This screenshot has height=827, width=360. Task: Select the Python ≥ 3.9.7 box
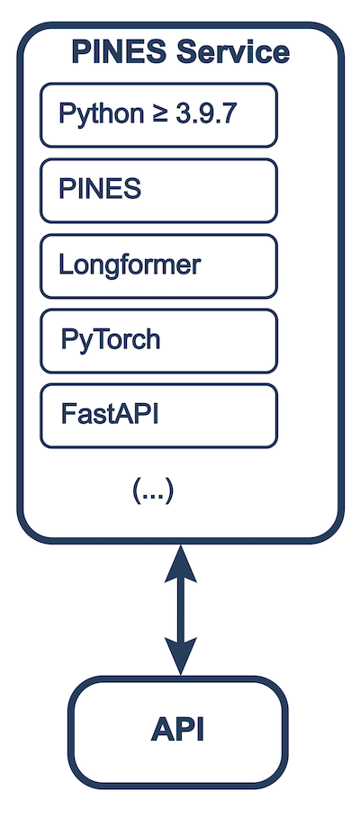coord(158,115)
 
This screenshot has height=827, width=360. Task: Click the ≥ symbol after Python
coord(158,115)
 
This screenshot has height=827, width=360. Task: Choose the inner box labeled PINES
coord(158,190)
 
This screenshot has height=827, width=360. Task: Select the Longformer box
coord(158,265)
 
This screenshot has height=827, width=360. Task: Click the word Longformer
coord(130,265)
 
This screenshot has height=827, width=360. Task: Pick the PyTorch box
coord(158,340)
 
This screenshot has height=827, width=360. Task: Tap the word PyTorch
coord(111,341)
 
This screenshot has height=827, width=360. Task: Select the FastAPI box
coord(158,415)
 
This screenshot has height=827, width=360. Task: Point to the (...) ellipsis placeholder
coord(152,490)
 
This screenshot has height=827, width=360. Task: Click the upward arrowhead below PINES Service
coord(181,565)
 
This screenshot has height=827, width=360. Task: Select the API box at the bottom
coord(180,730)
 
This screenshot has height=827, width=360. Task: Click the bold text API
coord(178,730)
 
